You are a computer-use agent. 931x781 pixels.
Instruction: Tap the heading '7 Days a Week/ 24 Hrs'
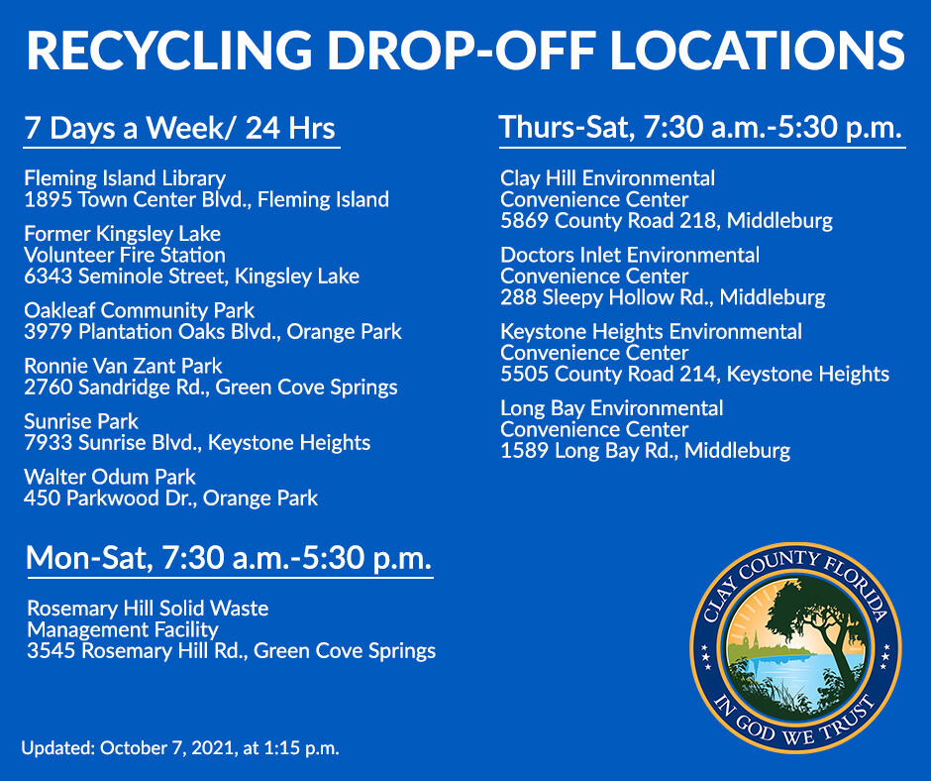[x=180, y=129]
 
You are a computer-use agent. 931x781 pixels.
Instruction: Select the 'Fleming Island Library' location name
[x=125, y=179]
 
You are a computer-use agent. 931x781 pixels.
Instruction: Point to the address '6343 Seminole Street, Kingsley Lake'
[x=191, y=277]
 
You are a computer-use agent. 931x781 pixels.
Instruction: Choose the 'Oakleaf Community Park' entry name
[x=139, y=310]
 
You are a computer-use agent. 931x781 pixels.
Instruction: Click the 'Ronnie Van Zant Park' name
[x=123, y=366]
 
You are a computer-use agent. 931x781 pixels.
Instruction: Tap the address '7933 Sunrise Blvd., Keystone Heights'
[x=197, y=443]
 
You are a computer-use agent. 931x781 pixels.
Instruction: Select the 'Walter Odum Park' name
[x=110, y=477]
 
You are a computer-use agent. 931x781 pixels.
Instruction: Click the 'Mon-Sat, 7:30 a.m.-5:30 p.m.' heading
[x=229, y=558]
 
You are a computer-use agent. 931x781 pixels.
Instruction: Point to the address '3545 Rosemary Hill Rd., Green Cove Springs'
[x=231, y=651]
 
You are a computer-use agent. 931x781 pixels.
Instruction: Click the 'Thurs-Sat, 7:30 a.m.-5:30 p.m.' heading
[x=700, y=128]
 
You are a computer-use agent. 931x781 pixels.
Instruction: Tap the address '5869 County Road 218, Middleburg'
[x=666, y=220]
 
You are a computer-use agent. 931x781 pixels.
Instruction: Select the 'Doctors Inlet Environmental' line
[x=630, y=255]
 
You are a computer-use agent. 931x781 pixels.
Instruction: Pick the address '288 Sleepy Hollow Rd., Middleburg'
[x=662, y=297]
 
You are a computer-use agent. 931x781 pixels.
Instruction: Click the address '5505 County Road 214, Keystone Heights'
[x=694, y=375]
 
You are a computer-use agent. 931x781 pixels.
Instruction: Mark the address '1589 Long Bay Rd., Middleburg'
[x=645, y=452]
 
